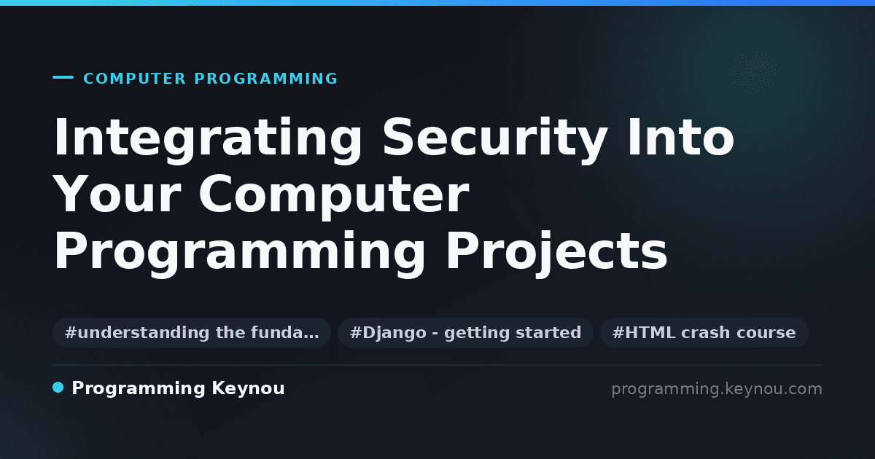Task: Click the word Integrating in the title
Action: tap(209, 140)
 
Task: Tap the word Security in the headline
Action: tap(495, 140)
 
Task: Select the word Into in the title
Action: tap(681, 137)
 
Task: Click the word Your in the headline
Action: tap(117, 194)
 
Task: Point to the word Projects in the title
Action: tap(556, 251)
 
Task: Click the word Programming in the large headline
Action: tap(239, 251)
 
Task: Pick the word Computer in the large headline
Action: tap(335, 195)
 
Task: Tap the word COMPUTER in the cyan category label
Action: tap(135, 79)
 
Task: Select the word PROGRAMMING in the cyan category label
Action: tap(266, 79)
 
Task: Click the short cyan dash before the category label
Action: tap(63, 77)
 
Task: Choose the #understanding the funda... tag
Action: tap(192, 332)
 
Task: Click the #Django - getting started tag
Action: tap(466, 332)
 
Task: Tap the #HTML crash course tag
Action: tap(704, 332)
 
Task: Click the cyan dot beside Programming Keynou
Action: tap(58, 388)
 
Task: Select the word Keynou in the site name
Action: tap(248, 389)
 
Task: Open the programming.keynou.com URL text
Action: tap(717, 390)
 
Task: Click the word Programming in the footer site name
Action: tap(139, 389)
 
